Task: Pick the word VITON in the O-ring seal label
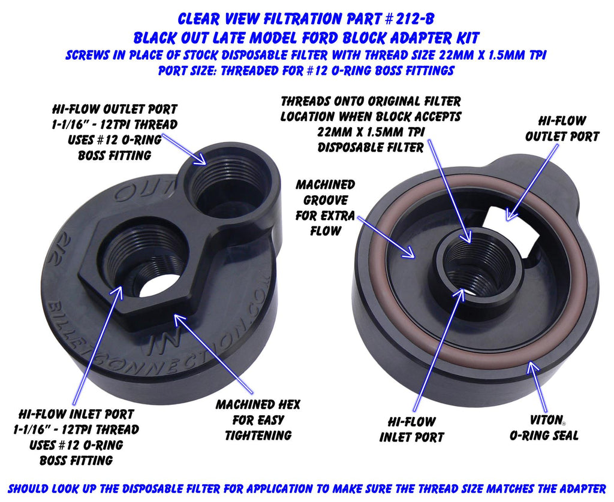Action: click(546, 421)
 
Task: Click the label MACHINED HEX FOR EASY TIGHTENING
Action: click(258, 420)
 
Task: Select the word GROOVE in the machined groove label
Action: click(326, 200)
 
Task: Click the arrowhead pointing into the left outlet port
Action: click(201, 159)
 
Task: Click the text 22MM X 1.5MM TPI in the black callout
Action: click(371, 132)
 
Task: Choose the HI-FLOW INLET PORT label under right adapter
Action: click(411, 430)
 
